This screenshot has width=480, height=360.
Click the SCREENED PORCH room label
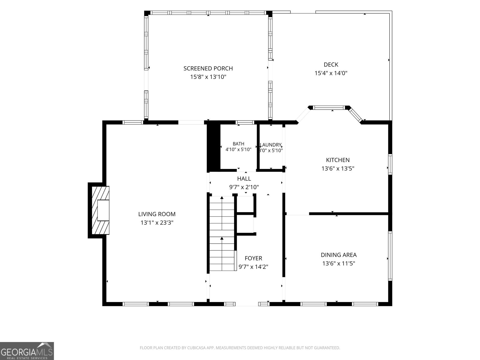pos(208,68)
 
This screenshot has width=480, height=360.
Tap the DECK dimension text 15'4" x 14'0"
pos(331,73)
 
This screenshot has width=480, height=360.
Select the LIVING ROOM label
pos(157,214)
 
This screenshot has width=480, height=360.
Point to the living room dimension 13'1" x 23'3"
pos(157,223)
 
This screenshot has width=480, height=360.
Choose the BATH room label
pos(238,144)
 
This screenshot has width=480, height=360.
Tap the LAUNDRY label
pos(271,145)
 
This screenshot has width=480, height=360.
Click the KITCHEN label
pos(337,160)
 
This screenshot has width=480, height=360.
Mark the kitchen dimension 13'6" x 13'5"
pos(337,169)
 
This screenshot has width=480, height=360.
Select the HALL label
pos(244,178)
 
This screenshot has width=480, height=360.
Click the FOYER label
pos(253,258)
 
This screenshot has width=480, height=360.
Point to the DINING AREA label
pos(338,255)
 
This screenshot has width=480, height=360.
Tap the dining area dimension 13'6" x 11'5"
pos(338,263)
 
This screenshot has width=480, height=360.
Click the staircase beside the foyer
pos(222,233)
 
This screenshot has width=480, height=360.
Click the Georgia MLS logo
pos(27,351)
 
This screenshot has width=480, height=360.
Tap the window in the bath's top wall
pos(245,122)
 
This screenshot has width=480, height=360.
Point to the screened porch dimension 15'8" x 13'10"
pos(208,77)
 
